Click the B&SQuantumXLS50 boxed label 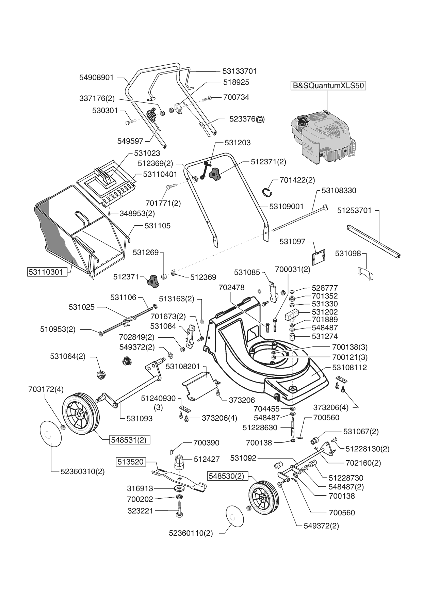(x=328, y=85)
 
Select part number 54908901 (x=96, y=78)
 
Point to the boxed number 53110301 (x=46, y=272)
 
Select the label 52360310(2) (x=83, y=472)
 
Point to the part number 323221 (x=140, y=511)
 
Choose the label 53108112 (x=350, y=368)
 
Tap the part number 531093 (x=140, y=418)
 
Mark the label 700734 (x=236, y=97)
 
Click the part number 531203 (x=238, y=143)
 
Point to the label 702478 (x=231, y=288)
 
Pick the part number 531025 (x=82, y=307)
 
